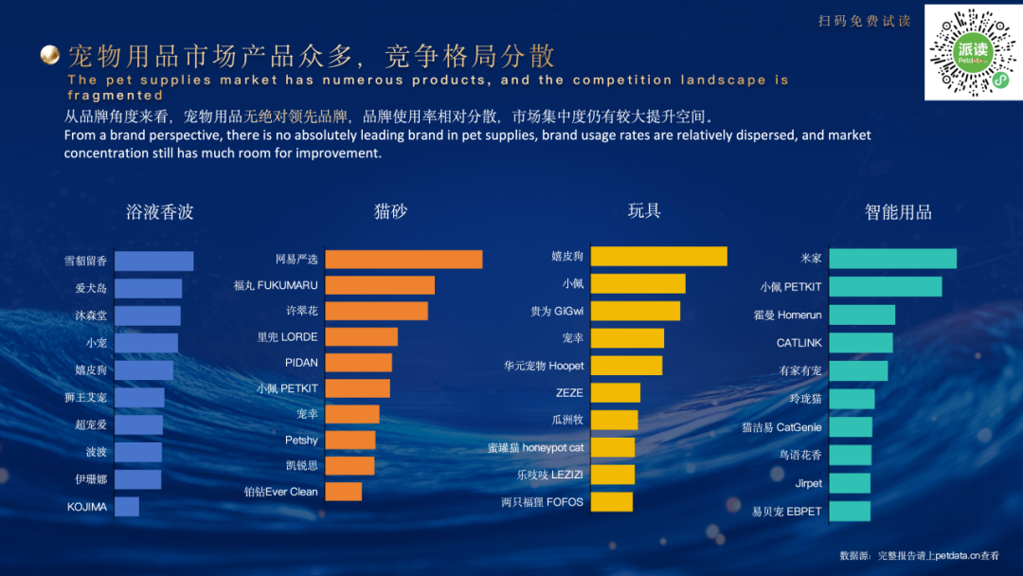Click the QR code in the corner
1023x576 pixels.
(x=971, y=51)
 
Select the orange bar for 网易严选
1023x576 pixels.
(x=404, y=259)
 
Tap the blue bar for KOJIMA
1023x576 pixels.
(x=127, y=507)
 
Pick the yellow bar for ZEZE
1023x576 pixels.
(x=616, y=392)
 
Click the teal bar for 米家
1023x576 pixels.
(x=893, y=259)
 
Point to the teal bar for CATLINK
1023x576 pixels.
(x=861, y=342)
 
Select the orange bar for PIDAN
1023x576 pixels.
(x=358, y=362)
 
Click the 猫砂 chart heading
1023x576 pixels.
(x=390, y=211)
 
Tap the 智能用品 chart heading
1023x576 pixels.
(x=898, y=212)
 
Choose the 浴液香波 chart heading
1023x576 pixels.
(x=159, y=211)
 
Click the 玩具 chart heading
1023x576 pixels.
(x=644, y=210)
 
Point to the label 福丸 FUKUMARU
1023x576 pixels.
(x=276, y=285)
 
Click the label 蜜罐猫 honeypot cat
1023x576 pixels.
(x=536, y=447)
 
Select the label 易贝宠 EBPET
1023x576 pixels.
(x=787, y=512)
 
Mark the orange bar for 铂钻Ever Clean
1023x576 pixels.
(x=343, y=492)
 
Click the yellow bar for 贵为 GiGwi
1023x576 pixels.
(x=636, y=311)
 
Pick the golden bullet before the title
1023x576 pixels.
(x=50, y=55)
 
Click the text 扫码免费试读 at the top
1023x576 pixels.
(x=865, y=21)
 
